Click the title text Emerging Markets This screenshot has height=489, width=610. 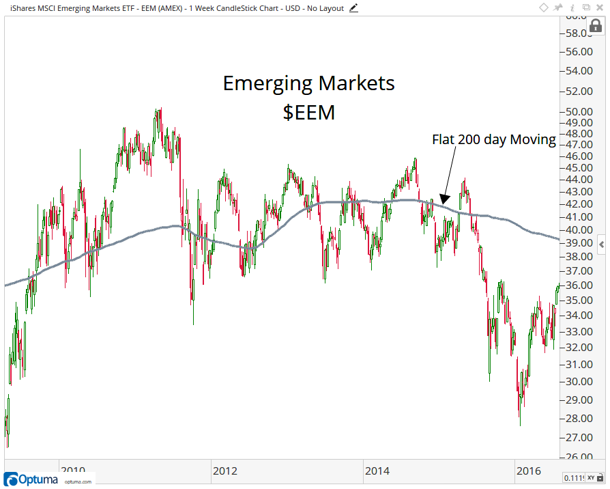309,84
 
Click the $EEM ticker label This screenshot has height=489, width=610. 309,112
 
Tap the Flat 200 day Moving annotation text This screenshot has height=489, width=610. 494,139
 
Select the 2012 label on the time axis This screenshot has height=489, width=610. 225,471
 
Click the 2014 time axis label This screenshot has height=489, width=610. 377,471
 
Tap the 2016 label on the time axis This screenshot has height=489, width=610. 529,471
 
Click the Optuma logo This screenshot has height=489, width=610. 32,479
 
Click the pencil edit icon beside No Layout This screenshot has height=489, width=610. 353,8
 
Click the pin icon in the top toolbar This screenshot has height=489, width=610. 557,8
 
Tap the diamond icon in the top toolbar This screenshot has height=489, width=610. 544,8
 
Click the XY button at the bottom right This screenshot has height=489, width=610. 592,478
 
